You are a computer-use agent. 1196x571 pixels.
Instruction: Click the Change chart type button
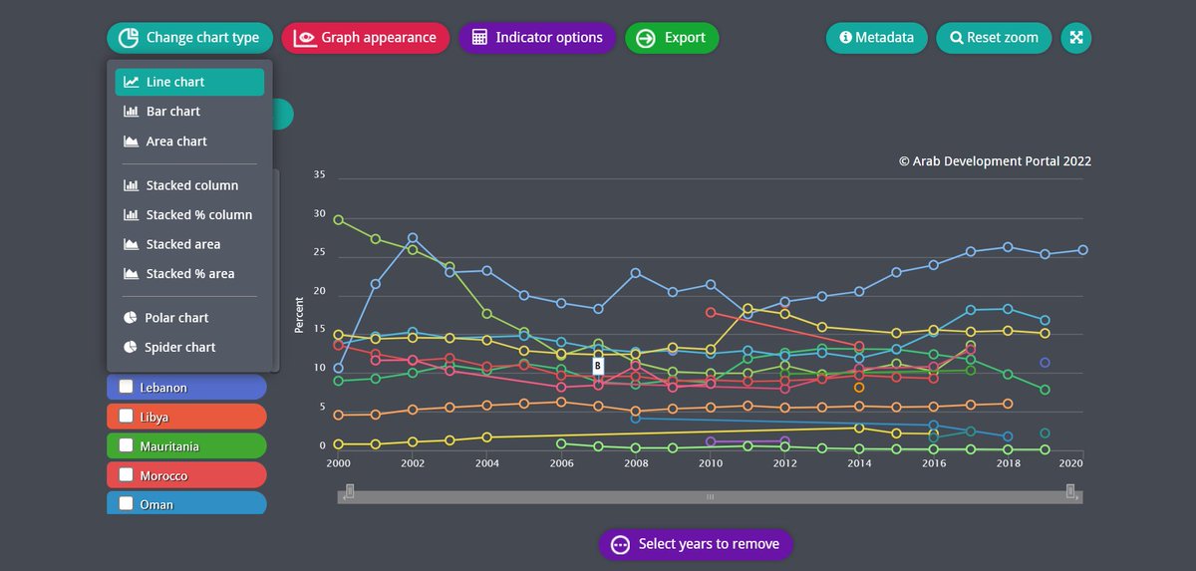coord(189,38)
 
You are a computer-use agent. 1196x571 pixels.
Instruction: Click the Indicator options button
coord(537,38)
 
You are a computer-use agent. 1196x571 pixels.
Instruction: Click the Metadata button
coord(876,38)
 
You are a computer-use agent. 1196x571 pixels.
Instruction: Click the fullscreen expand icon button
coord(1076,38)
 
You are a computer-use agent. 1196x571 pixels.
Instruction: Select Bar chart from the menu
coord(172,112)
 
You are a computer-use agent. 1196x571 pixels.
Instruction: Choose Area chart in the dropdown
coord(175,142)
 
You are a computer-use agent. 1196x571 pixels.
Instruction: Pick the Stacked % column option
coord(198,215)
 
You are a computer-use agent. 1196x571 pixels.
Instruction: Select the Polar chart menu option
coord(176,318)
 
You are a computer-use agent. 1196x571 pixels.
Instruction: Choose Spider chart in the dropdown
coord(179,348)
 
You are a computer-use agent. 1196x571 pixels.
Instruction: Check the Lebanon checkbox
coord(127,387)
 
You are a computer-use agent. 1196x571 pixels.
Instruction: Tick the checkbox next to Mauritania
coord(127,445)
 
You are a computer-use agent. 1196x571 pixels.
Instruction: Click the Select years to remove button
coord(696,544)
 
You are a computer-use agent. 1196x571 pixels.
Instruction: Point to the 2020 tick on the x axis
coord(1071,463)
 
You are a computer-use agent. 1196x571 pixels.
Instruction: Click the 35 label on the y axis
coord(319,175)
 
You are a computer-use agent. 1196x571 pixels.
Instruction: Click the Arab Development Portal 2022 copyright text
coord(995,161)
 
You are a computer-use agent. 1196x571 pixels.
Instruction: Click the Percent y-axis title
coord(300,314)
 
